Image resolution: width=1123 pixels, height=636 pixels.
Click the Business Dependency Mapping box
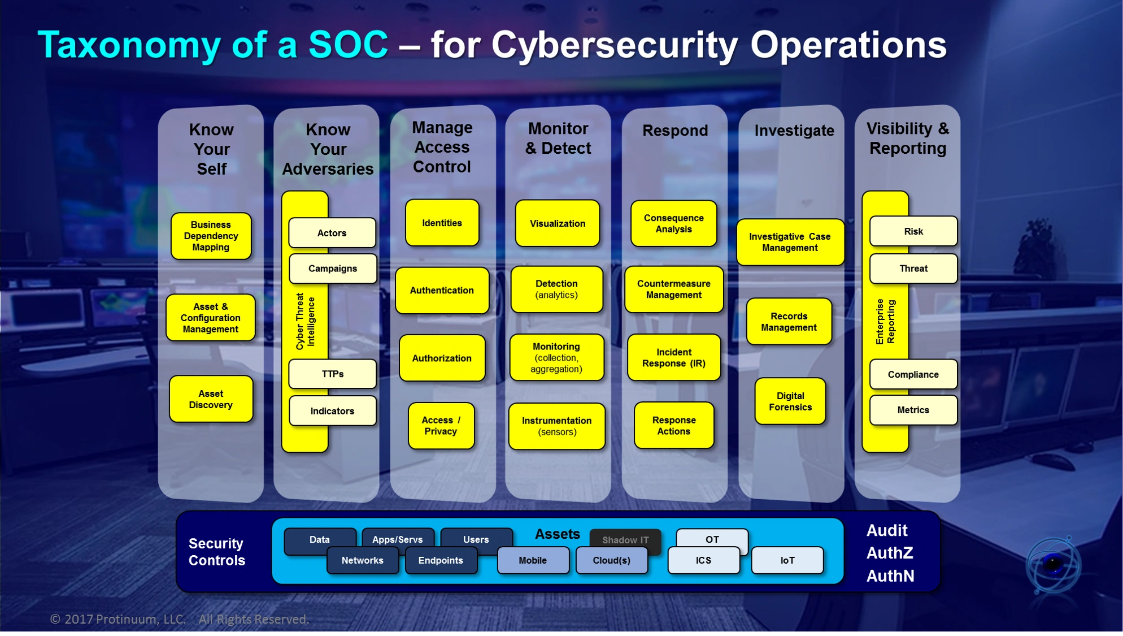211,236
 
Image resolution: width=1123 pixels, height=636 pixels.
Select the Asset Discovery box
211,399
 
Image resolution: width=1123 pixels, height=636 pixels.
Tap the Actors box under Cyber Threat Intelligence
332,233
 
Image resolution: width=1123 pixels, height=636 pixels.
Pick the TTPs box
332,374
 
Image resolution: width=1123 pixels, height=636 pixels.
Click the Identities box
442,223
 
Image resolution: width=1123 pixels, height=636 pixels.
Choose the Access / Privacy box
441,426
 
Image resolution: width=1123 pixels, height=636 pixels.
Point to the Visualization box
557,223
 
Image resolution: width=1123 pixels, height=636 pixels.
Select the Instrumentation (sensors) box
556,426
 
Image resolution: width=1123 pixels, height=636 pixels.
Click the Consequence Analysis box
673,223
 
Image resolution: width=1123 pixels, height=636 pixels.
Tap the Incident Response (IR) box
673,357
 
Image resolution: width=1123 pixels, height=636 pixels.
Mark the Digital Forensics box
790,401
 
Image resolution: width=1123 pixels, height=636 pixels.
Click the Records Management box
789,322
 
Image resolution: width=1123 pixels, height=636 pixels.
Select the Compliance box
913,374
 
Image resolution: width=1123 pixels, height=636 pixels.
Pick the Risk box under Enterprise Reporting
913,231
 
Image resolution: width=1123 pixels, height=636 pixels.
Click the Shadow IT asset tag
625,539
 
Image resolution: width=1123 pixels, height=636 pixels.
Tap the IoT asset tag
787,560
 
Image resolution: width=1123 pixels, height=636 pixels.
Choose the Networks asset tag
362,560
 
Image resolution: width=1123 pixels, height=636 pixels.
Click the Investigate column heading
794,131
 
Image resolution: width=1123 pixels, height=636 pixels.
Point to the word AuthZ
889,553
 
